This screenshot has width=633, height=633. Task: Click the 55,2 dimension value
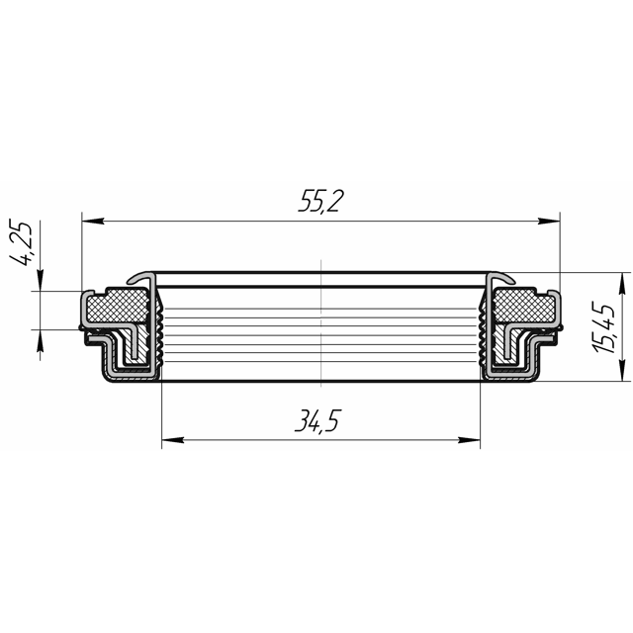pyautogui.click(x=320, y=201)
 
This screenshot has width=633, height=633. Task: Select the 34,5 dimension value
pyautogui.click(x=318, y=420)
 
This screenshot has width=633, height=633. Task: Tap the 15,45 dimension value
pyautogui.click(x=605, y=327)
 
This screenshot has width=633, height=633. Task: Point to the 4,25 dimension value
pyautogui.click(x=21, y=242)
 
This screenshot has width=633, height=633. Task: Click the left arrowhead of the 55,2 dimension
pyautogui.click(x=93, y=221)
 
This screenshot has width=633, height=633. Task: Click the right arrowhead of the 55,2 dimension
pyautogui.click(x=549, y=221)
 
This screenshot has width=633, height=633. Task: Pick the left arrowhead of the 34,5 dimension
pyautogui.click(x=173, y=439)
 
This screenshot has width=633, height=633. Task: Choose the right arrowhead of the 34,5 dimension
pyautogui.click(x=469, y=439)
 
